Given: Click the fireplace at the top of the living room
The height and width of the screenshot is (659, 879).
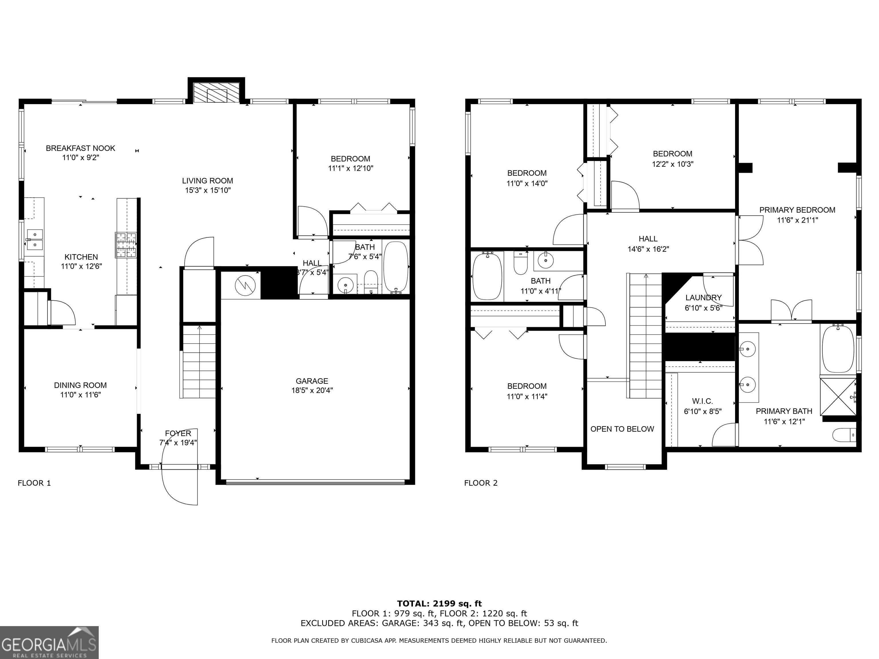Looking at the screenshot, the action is click(x=216, y=93).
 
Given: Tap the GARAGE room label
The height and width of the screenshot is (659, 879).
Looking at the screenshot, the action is click(x=312, y=381).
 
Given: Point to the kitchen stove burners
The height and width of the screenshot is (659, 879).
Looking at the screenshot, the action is click(x=126, y=245).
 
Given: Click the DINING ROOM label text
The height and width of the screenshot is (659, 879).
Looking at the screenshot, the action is click(x=80, y=385).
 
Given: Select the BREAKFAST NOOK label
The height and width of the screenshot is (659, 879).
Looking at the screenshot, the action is click(x=80, y=148).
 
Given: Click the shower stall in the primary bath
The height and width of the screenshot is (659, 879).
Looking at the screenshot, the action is click(x=838, y=396).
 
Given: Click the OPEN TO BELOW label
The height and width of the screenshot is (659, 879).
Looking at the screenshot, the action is click(x=622, y=429).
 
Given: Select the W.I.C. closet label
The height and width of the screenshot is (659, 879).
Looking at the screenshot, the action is click(x=702, y=401).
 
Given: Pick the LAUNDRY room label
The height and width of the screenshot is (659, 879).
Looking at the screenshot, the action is click(x=703, y=297).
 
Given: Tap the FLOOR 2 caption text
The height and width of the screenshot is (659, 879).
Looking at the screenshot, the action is click(x=481, y=483).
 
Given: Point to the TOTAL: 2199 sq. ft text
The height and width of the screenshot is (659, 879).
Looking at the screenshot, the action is click(x=439, y=604).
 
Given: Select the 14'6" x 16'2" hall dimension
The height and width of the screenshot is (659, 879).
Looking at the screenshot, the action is click(x=648, y=249).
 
